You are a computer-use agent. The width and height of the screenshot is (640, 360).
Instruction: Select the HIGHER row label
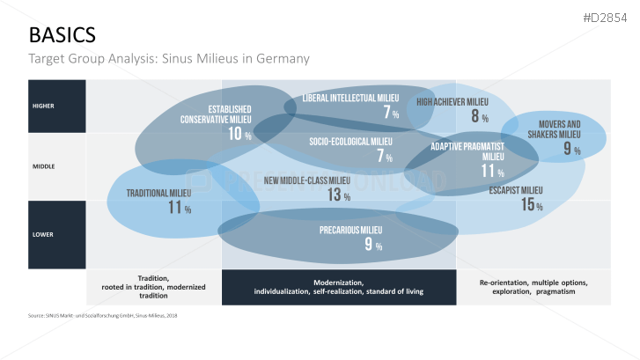[x=43, y=107]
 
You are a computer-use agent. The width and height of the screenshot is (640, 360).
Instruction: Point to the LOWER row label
[x=43, y=235]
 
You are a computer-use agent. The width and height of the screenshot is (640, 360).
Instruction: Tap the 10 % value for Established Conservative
[x=239, y=134]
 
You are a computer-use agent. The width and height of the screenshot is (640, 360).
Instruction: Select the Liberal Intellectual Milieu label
[x=350, y=98]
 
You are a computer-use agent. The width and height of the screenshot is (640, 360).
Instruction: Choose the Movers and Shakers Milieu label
[x=554, y=129]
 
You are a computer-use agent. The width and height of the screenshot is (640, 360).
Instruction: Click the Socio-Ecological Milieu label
[x=349, y=141]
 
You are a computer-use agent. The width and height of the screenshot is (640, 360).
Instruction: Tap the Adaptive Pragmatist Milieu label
[x=467, y=151]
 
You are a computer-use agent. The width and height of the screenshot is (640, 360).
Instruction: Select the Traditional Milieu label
[x=159, y=192]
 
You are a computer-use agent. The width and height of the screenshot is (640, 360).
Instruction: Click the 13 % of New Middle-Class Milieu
[x=336, y=196]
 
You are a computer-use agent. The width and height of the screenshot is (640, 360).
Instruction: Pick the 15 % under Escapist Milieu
[x=531, y=205]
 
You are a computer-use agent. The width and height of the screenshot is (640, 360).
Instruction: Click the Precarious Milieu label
[x=350, y=231]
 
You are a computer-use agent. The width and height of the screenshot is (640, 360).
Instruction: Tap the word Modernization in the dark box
[x=339, y=283]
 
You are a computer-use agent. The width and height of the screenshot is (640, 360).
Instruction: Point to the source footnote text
[x=109, y=313]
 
